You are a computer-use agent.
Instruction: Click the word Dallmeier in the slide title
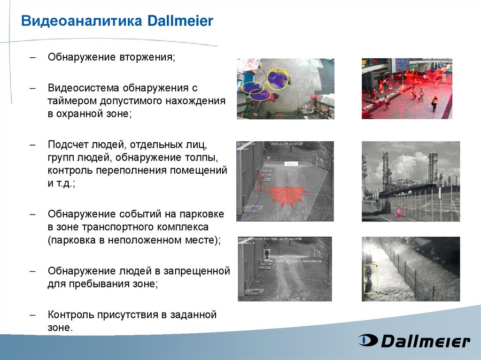point(180,21)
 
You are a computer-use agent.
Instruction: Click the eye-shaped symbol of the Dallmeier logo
point(367,340)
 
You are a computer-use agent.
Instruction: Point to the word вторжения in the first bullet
point(147,57)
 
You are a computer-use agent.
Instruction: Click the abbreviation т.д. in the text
point(64,183)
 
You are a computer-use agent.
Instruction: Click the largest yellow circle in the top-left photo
point(277,79)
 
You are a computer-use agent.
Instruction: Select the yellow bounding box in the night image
point(371,279)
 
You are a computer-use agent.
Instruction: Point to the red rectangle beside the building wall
point(261,181)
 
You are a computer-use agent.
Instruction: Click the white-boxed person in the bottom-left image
point(267,254)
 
